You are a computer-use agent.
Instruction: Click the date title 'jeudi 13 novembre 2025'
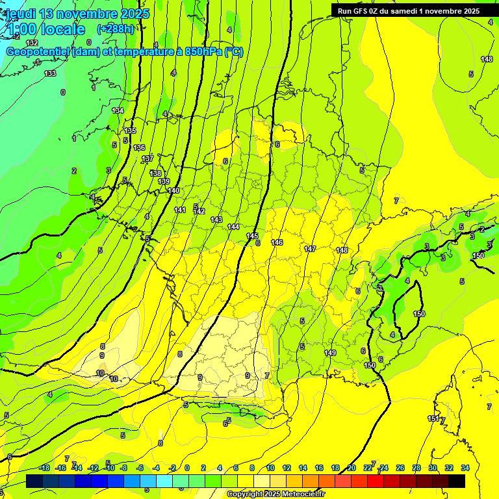click(77, 14)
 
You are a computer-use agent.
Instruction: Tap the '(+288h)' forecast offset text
click(116, 29)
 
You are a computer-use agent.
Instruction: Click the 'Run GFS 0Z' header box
click(408, 10)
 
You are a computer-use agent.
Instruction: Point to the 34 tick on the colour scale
click(465, 468)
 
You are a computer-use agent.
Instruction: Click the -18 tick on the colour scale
click(45, 468)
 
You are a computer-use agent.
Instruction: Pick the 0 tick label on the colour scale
click(187, 468)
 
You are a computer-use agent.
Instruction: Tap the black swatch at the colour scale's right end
click(456, 481)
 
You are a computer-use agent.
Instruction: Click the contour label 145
click(253, 236)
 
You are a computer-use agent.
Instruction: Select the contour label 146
click(277, 242)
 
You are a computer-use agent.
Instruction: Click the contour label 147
click(310, 249)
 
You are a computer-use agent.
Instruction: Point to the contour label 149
click(330, 353)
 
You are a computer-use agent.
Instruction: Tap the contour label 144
click(234, 227)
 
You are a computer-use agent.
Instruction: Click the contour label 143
click(216, 220)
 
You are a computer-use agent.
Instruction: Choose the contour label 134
click(118, 111)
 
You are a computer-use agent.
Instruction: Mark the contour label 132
click(32, 43)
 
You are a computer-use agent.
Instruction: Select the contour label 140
click(173, 190)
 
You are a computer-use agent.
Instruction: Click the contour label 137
click(147, 159)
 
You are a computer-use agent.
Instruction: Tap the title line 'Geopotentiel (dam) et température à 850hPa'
click(116, 52)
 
